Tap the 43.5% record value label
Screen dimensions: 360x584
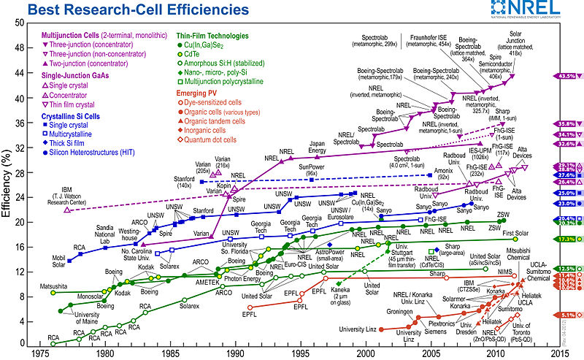566,76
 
